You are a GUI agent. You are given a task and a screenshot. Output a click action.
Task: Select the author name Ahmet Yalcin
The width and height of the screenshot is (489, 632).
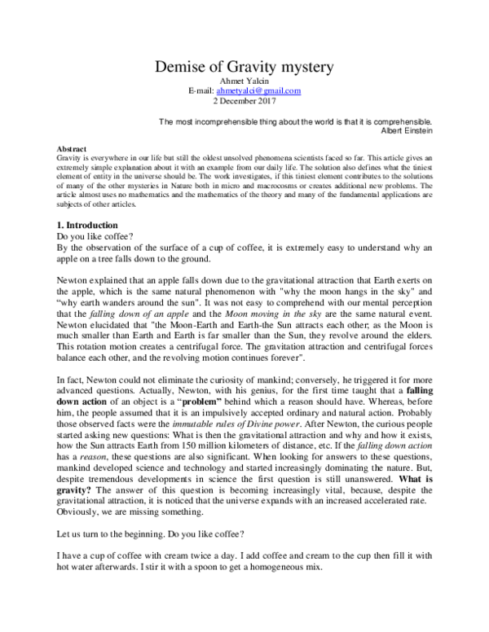(244, 81)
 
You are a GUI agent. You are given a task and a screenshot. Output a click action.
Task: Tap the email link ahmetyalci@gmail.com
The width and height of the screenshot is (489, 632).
(258, 92)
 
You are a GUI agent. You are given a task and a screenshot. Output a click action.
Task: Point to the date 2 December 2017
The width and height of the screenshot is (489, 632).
(244, 103)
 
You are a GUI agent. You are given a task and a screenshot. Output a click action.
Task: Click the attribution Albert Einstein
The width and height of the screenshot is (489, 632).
(412, 130)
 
